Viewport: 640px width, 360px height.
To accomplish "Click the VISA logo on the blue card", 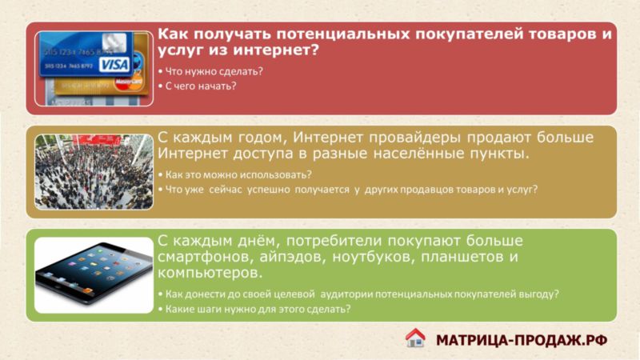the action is coord(114,65).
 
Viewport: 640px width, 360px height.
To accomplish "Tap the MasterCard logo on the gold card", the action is coord(129,82).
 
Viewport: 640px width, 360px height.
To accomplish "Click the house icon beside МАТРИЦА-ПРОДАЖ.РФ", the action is coord(415,338).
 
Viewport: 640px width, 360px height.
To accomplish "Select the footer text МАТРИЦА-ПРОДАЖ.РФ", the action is coord(522,340).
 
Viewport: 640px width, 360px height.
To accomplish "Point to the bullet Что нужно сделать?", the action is coord(210,71).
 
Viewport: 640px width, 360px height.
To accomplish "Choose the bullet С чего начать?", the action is coord(198,86).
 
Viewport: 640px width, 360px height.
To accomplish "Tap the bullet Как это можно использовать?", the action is coord(235,175).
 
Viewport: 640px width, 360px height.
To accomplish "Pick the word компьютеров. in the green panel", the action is coord(210,273).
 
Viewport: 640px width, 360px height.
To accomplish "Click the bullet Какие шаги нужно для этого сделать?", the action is coord(254,309).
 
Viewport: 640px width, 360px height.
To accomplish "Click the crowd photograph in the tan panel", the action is coord(94,172).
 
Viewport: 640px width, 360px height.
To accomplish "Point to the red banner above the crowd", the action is coord(97,140).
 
